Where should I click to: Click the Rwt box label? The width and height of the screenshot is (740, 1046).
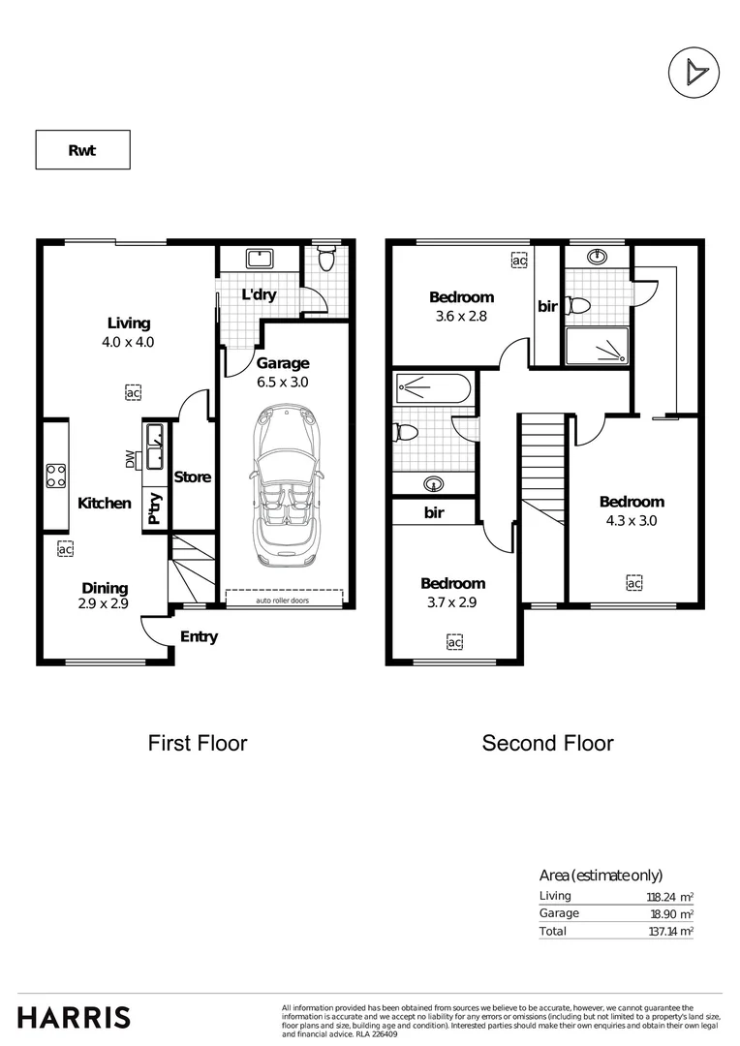[x=82, y=150]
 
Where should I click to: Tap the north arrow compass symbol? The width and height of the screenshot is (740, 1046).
[x=693, y=72]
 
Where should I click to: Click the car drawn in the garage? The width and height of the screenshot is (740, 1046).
[x=282, y=492]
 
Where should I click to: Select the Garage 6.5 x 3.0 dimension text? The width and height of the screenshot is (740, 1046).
[x=283, y=381]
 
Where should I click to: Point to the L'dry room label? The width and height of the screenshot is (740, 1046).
[x=259, y=294]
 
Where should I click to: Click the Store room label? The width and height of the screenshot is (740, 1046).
[x=192, y=477]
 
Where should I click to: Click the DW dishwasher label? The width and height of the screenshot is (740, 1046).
[x=131, y=460]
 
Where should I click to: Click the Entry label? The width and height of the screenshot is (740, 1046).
[x=199, y=636]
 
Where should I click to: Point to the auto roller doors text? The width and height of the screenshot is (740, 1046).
[x=283, y=600]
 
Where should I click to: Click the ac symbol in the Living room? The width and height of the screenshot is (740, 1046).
[x=133, y=392]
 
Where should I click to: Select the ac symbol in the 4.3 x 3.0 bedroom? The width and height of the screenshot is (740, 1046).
[x=633, y=583]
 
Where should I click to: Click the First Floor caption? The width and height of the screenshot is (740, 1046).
[x=197, y=743]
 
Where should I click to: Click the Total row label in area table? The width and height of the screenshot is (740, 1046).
[x=554, y=931]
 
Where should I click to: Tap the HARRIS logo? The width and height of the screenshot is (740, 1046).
[x=75, y=1017]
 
